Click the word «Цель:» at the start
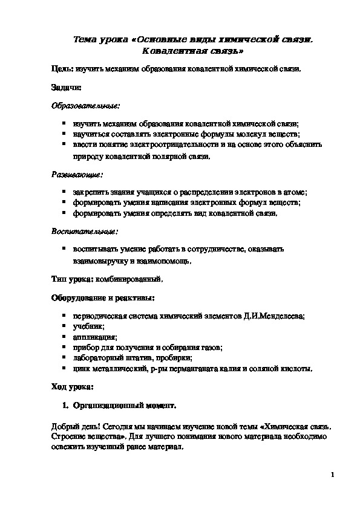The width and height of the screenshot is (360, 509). pos(61,70)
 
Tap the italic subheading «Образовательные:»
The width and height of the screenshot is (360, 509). pos(77,105)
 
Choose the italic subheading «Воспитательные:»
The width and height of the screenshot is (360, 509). pos(76,231)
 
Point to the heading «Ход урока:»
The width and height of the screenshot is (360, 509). pos(72,386)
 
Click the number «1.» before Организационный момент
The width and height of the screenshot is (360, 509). pos(68,403)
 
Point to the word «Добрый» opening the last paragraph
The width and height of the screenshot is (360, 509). pos(65,426)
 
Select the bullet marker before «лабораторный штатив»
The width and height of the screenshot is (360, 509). pos(64,358)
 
